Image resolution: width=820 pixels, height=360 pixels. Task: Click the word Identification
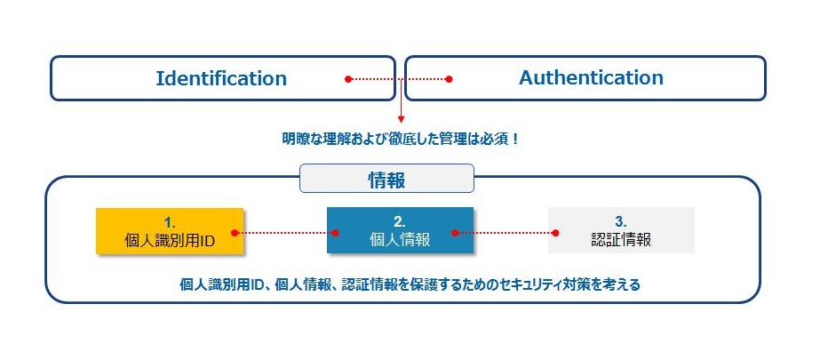coord(221,78)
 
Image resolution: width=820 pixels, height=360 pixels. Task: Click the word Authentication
coord(591,78)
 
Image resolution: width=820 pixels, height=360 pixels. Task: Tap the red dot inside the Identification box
coord(348,79)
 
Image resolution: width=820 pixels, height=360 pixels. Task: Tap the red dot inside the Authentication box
coord(448,79)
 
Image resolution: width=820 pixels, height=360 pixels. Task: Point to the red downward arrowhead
coord(401,120)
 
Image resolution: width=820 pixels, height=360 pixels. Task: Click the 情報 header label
coord(386,179)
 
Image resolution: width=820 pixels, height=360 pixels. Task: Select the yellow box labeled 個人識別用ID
coord(170,231)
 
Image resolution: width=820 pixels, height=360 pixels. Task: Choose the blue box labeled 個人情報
coord(400,230)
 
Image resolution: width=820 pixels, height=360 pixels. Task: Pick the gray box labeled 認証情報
coord(621,230)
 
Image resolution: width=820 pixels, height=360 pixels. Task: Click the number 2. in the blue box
coord(400,221)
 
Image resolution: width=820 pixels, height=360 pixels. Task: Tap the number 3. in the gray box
coord(621,221)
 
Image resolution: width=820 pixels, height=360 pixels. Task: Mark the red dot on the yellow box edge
coord(235,233)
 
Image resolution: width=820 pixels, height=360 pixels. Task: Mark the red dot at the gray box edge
coord(555,233)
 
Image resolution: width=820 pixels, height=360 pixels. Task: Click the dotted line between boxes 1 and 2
coord(285,233)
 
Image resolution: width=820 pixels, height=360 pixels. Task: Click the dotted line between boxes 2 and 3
coord(506,233)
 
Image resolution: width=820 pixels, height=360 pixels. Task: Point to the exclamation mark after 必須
coord(515,140)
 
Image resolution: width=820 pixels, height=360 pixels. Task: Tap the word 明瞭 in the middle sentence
coord(294,140)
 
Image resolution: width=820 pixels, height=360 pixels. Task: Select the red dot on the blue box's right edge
coord(455,233)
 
